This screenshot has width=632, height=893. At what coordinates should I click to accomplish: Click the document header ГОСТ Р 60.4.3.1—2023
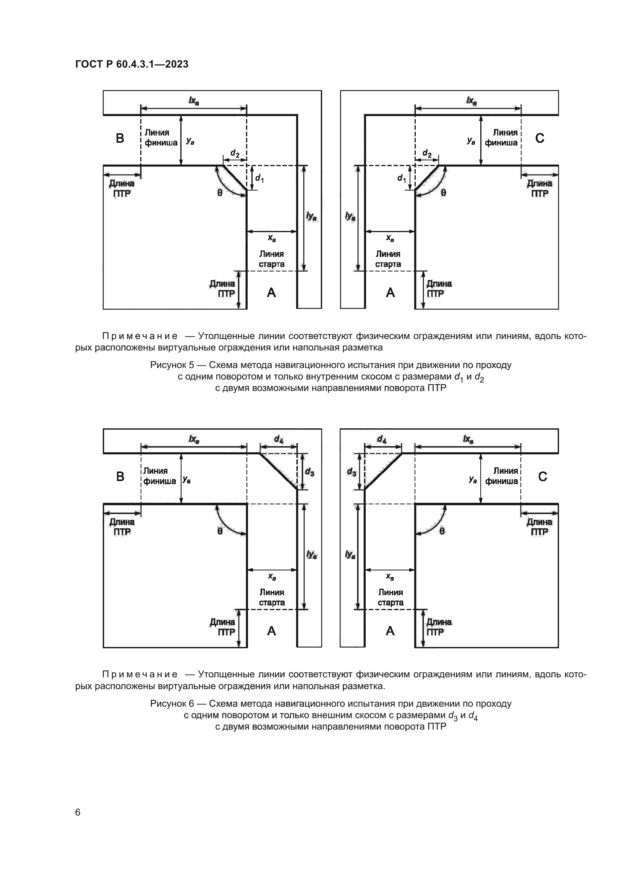pos(131,65)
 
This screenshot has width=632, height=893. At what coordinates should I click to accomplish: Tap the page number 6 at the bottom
pos(78,812)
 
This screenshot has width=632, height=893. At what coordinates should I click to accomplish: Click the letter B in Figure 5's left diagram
pos(120,138)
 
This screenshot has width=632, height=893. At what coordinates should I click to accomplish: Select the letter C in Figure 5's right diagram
pos(540,138)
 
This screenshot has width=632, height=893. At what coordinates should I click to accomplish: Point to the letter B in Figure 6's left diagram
pos(120,476)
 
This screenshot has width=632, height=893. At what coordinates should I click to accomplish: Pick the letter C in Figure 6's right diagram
pos(542,476)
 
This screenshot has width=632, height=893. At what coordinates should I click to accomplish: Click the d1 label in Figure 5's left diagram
pos(259,179)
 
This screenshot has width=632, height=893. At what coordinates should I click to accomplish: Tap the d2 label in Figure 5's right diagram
pos(427,153)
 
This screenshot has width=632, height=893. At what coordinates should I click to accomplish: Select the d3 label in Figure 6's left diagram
pos(310,472)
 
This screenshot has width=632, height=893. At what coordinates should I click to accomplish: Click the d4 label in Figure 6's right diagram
pos(382,439)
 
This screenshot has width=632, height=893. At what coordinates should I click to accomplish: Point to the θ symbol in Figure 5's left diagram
pos(220,192)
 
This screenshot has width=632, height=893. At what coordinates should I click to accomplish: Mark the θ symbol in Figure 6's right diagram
pos(442,531)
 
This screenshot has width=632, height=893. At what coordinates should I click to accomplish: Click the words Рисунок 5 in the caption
pos(172,365)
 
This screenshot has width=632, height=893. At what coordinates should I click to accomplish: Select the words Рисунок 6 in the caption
pos(172,704)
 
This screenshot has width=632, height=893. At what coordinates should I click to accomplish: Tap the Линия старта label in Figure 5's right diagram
pos(387,259)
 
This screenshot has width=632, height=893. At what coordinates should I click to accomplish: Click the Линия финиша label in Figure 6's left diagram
pos(160,476)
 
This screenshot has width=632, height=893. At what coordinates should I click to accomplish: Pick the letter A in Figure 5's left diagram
pos(271,292)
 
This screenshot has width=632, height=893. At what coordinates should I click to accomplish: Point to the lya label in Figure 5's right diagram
pos(350,216)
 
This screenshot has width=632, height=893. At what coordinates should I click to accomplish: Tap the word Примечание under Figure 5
pos(140,336)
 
